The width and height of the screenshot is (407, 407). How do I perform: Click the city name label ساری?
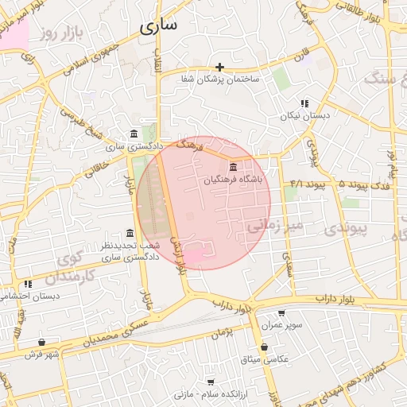click(158, 25)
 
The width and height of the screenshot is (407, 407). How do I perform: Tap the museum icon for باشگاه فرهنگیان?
click(233, 167)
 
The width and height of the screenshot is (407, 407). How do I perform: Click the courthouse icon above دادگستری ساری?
click(134, 134)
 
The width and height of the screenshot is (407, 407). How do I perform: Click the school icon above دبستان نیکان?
click(304, 103)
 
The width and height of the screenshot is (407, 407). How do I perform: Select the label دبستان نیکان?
click(304, 116)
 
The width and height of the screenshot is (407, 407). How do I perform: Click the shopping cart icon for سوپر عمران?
click(281, 313)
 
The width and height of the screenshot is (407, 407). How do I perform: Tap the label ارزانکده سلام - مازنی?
click(211, 394)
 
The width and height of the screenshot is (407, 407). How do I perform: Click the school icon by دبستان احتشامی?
click(28, 283)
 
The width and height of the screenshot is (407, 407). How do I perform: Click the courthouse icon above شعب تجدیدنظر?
click(130, 233)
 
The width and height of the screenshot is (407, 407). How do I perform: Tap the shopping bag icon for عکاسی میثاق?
click(266, 347)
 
